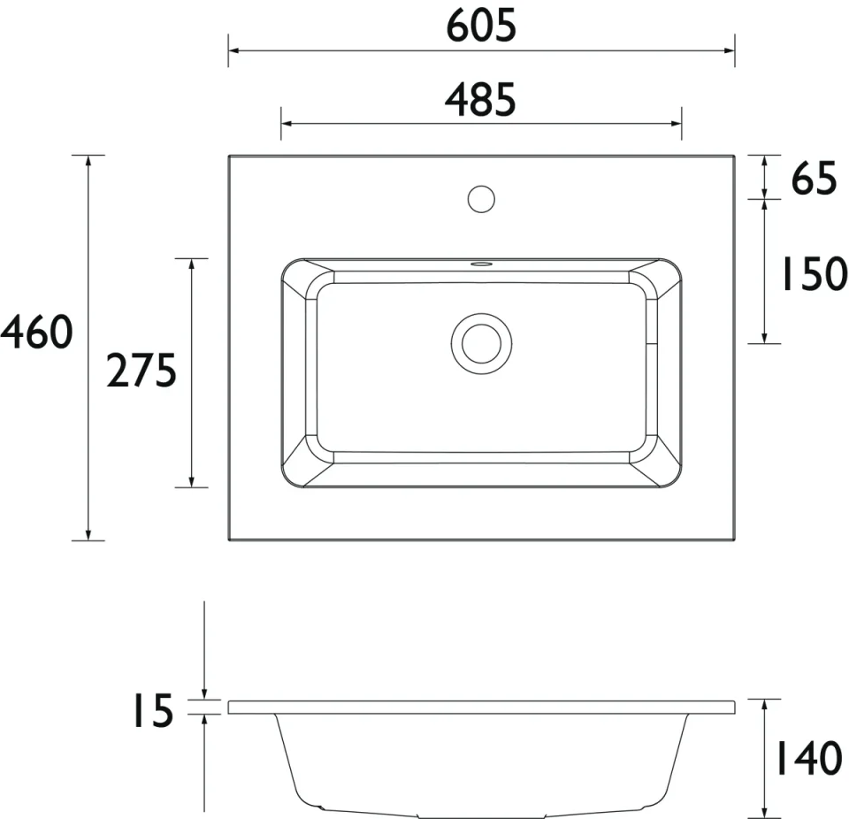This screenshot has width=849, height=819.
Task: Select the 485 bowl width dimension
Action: (480, 101)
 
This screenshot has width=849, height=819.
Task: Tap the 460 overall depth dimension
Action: (36, 333)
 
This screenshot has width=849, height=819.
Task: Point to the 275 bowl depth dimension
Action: (141, 371)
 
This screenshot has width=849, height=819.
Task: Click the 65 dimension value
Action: (814, 180)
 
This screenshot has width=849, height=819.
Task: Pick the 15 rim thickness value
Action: (152, 711)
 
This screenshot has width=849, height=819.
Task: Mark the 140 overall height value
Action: (808, 758)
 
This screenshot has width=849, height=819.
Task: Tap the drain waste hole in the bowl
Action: (481, 341)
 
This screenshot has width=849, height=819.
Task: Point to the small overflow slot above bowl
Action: (481, 263)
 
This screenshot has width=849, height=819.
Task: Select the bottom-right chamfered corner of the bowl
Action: (663, 470)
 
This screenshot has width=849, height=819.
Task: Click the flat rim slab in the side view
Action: (481, 707)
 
